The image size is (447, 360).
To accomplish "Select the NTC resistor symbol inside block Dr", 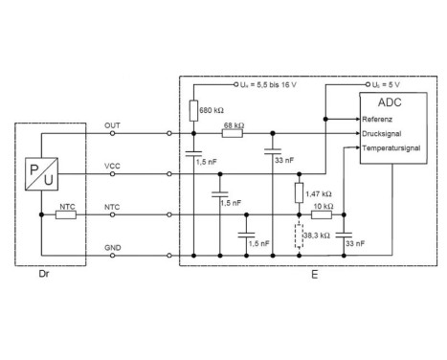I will coord(66,215).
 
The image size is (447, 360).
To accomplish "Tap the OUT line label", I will coord(112,126).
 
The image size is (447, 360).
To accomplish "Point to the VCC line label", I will coord(112,167).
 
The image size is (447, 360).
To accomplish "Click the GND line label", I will coord(112,247).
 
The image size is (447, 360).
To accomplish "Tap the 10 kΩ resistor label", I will coord(323,206).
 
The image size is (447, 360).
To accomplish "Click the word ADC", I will coord(391,102).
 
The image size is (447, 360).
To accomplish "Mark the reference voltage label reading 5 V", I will coord(381,84).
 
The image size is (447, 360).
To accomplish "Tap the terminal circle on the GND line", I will coord(168,256).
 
